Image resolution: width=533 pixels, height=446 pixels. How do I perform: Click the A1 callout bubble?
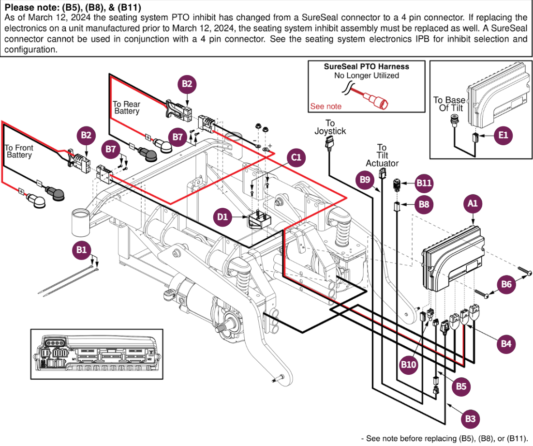(x=473, y=204)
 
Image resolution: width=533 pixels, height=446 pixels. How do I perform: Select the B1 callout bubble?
(x=81, y=250)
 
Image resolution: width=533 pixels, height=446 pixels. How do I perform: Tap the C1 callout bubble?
(x=296, y=157)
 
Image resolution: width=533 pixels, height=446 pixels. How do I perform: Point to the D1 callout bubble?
(x=222, y=217)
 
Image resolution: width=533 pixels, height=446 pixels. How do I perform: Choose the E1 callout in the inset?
(x=503, y=136)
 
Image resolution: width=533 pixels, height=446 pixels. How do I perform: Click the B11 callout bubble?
(x=424, y=183)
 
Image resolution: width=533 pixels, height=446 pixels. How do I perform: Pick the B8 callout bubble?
(x=424, y=204)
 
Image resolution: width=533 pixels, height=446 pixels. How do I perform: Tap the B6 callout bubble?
(x=506, y=284)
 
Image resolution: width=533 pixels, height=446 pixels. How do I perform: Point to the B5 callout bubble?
(x=461, y=386)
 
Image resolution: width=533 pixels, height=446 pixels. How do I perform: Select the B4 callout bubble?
(x=506, y=344)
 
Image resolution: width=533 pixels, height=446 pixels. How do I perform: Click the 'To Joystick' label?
(x=330, y=127)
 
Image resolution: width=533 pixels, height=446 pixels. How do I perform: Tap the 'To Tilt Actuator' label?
(x=382, y=155)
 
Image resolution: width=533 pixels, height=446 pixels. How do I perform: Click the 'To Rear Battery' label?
(x=126, y=108)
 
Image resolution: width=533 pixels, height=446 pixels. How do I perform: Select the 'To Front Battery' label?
(x=19, y=151)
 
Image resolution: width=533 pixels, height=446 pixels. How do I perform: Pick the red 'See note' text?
(x=326, y=107)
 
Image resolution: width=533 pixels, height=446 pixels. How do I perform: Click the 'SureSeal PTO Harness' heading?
(x=367, y=67)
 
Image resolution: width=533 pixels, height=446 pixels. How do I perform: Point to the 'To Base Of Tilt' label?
(x=449, y=104)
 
